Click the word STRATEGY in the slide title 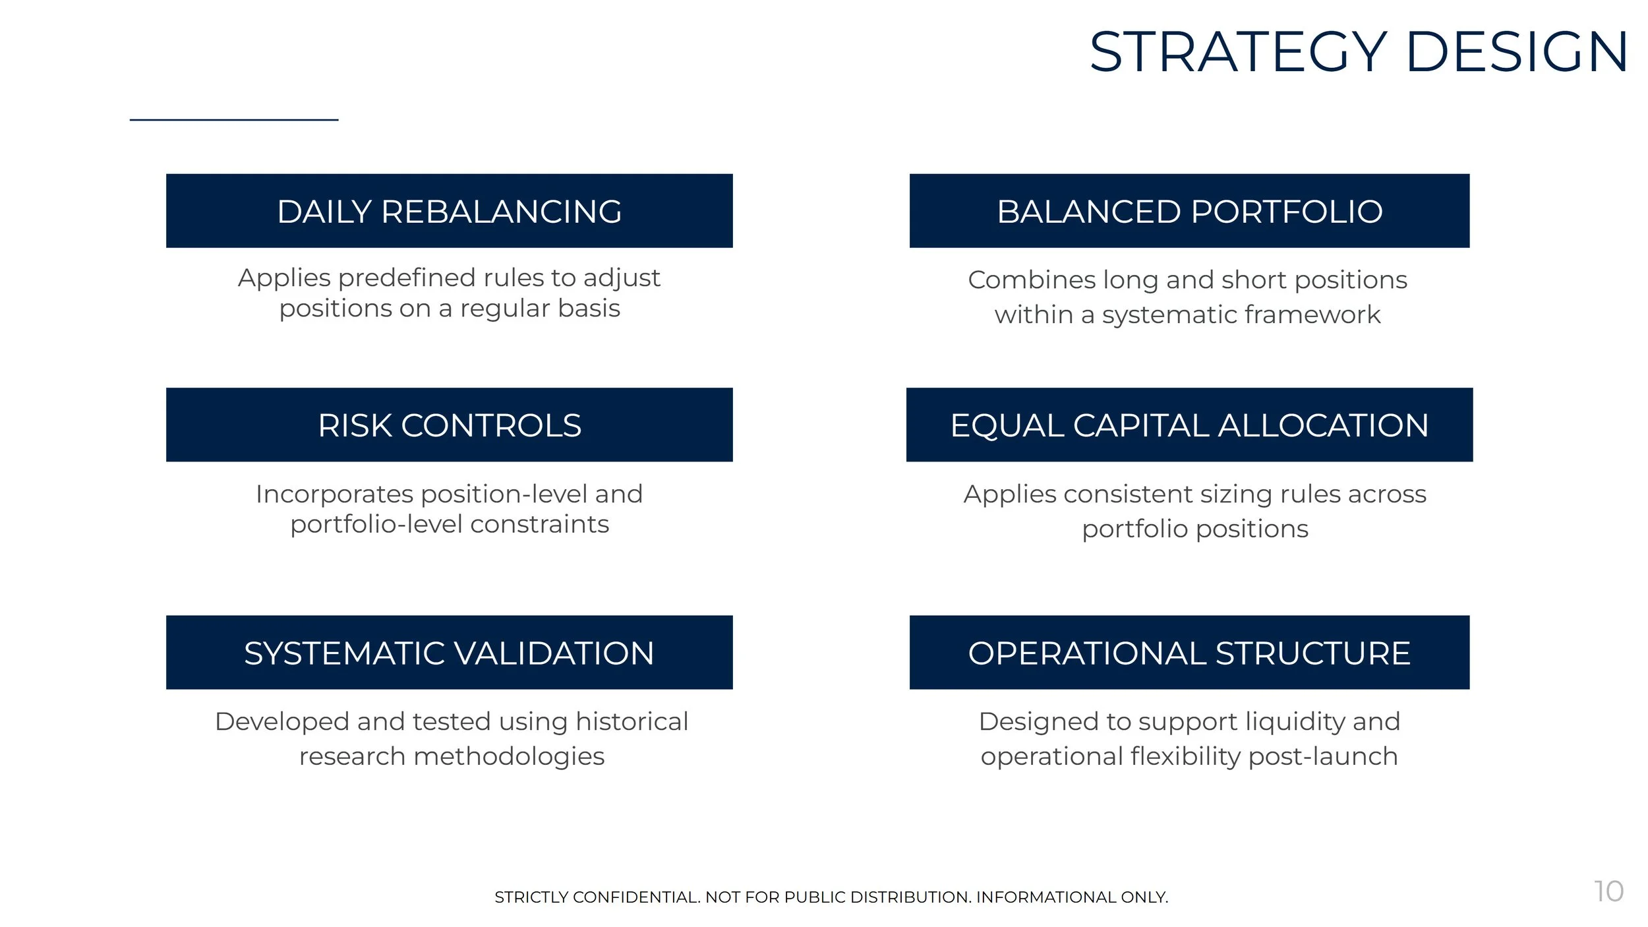(1238, 52)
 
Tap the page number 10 (1608, 891)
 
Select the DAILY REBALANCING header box (449, 211)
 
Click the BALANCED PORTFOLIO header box (1189, 211)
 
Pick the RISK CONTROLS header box (449, 425)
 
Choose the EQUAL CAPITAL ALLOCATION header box (1189, 425)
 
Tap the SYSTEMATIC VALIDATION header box (449, 653)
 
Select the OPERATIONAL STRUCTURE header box (1189, 653)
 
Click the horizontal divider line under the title (234, 120)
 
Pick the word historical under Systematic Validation (632, 721)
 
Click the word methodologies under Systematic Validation (508, 757)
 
